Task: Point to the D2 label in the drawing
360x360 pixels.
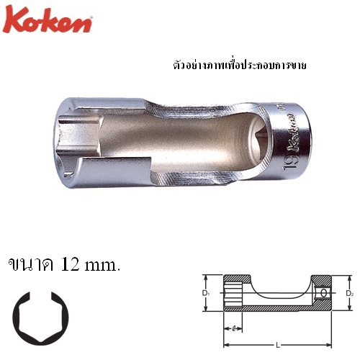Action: pyautogui.click(x=351, y=293)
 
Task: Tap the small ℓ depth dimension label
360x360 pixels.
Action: pyautogui.click(x=235, y=330)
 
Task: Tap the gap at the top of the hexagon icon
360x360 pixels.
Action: pyautogui.click(x=42, y=296)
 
